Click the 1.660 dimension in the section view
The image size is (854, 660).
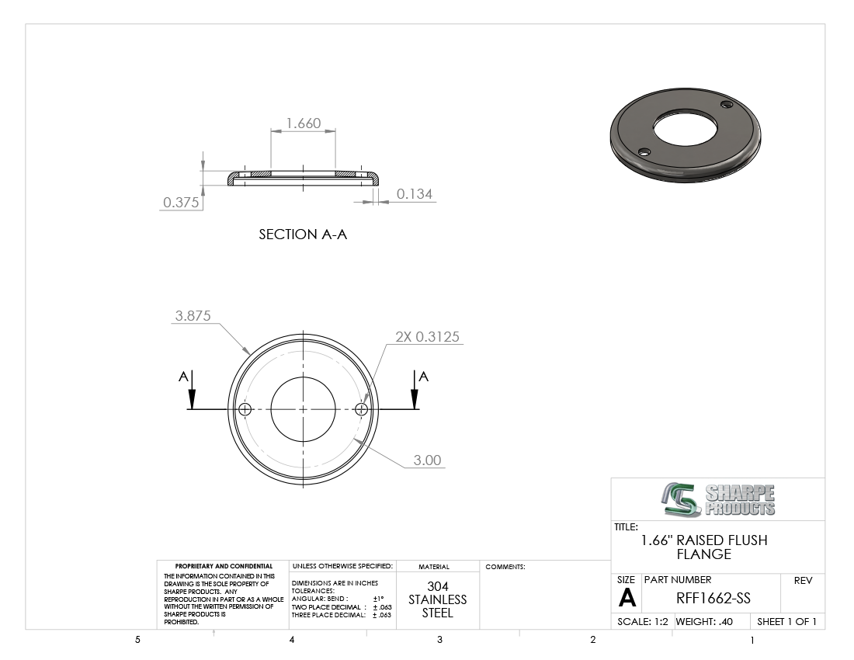(304, 123)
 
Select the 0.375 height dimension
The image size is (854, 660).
(181, 203)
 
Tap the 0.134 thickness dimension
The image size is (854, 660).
(415, 194)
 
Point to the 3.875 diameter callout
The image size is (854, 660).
(193, 316)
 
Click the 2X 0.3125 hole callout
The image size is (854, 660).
(428, 337)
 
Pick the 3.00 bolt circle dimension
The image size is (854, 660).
(427, 460)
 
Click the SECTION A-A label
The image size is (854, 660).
(303, 234)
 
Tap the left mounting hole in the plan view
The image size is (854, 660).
(245, 409)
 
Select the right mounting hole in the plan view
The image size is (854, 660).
(361, 409)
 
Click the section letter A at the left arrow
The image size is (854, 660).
(183, 377)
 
